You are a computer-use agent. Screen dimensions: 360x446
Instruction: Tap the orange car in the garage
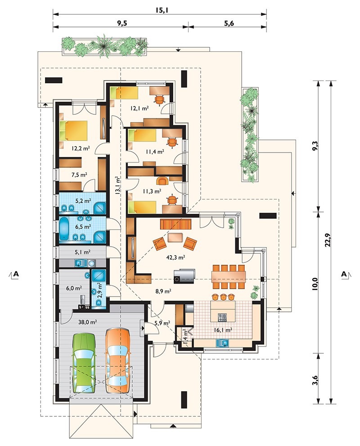pyautogui.click(x=117, y=360)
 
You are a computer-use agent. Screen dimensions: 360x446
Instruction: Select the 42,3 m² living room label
pyautogui.click(x=176, y=257)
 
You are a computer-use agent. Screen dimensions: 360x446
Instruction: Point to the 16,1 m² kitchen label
pyautogui.click(x=223, y=330)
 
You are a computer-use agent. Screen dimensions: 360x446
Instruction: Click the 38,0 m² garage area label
pyautogui.click(x=88, y=322)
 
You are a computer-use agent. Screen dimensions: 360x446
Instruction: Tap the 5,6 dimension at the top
pyautogui.click(x=229, y=23)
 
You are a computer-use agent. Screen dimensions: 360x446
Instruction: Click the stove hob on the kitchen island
pyautogui.click(x=222, y=317)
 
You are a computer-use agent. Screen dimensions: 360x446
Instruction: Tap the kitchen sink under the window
pyautogui.click(x=223, y=343)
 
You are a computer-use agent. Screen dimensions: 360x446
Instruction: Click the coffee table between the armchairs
pyautogui.click(x=175, y=238)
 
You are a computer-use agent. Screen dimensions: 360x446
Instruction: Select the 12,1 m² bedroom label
pyautogui.click(x=140, y=108)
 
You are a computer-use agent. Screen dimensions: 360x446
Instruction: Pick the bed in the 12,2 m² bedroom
pyautogui.click(x=73, y=131)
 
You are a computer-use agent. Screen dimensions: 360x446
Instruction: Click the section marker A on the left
pyautogui.click(x=16, y=274)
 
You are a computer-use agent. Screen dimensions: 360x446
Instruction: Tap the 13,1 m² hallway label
pyautogui.click(x=117, y=185)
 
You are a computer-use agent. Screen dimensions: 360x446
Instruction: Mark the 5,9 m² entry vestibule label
pyautogui.click(x=162, y=323)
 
